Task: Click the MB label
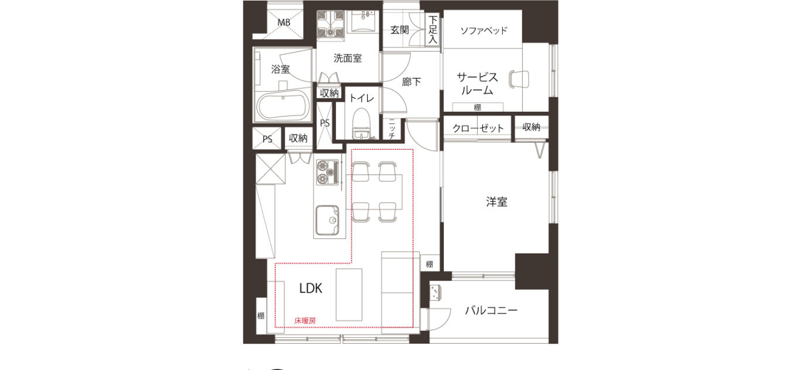point(283,22)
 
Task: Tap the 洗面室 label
point(347,58)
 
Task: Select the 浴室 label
point(280,69)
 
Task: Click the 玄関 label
point(399,30)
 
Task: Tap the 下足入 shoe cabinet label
point(433,29)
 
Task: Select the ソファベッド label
point(484,30)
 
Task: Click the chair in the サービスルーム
point(519,79)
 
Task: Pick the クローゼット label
point(478,128)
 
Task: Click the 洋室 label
point(496,202)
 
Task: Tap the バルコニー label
point(491,310)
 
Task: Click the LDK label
point(311,288)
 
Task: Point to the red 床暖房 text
point(305,321)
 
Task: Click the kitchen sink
point(327,220)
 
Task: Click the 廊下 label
point(411,82)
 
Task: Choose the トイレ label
point(362,98)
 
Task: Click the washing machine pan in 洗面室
point(331,23)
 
